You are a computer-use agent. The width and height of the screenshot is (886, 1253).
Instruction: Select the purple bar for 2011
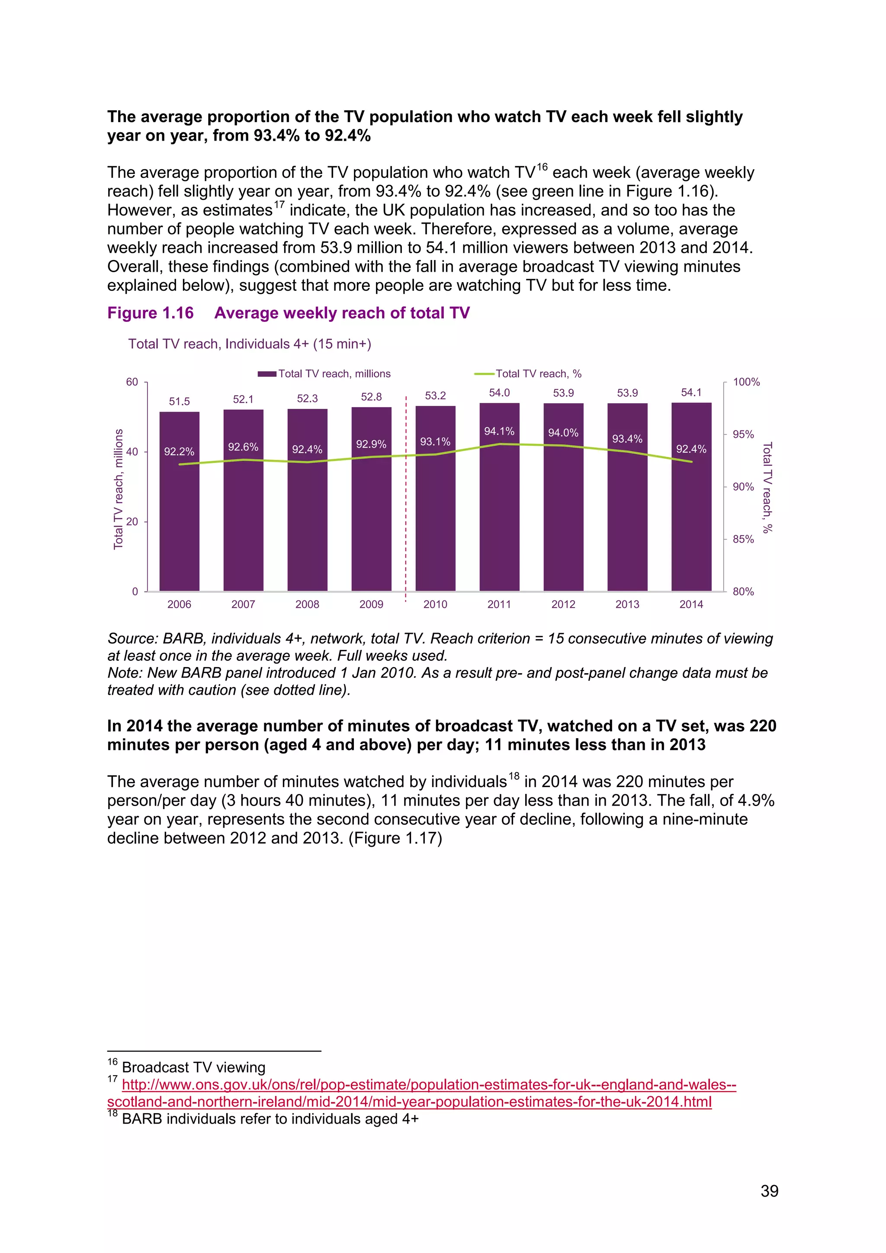[499, 513]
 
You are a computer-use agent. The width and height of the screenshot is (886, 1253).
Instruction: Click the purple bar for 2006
[180, 518]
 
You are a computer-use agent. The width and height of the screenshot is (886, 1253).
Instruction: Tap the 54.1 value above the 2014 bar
[691, 392]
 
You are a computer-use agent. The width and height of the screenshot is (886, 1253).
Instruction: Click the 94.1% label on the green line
[499, 431]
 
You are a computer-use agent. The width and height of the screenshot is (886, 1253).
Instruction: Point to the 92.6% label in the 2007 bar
[243, 447]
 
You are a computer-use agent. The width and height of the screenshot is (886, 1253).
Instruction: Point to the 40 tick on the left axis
[132, 452]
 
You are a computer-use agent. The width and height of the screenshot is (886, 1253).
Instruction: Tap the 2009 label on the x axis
[371, 604]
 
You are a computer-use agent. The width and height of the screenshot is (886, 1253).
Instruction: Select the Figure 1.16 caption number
[151, 313]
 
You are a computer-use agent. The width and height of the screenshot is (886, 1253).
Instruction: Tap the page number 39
[769, 1191]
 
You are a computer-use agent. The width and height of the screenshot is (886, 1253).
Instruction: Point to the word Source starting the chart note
[130, 639]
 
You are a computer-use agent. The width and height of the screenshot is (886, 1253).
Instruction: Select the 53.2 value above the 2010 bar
[435, 395]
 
